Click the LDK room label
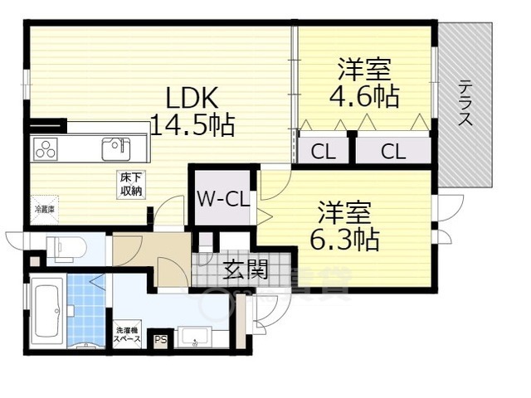tap(192, 98)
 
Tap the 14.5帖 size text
tap(192, 126)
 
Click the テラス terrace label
tap(465, 102)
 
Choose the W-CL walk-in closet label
tap(222, 199)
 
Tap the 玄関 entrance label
tap(244, 269)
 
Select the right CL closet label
tap(393, 151)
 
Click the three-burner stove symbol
tap(45, 150)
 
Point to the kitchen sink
tap(115, 149)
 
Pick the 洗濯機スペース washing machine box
tap(127, 336)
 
